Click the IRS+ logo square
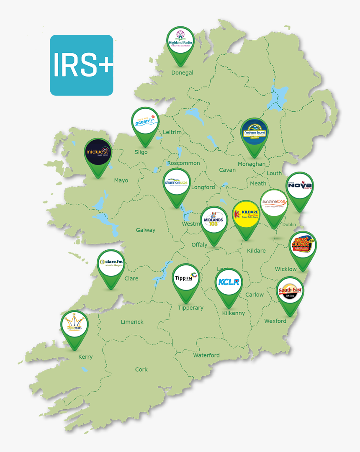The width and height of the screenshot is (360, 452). coord(82,65)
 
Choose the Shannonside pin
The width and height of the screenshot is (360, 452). coord(177,182)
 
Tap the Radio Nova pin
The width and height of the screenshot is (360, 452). coord(300,186)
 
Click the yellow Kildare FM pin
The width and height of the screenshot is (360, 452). coord(246,214)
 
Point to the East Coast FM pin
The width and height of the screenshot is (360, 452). coord(302,245)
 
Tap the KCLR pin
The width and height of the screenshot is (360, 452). coord(229,282)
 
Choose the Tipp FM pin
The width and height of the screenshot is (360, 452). coord(185,277)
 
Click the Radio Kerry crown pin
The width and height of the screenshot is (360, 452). coord(74,325)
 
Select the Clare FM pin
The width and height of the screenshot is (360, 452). coord(111,264)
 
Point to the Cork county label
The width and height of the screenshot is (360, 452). coord(141,370)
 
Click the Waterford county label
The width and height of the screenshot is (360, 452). coord(206,355)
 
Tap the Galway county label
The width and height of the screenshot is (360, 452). coord(145,230)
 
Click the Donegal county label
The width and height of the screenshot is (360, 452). coord(182,72)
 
